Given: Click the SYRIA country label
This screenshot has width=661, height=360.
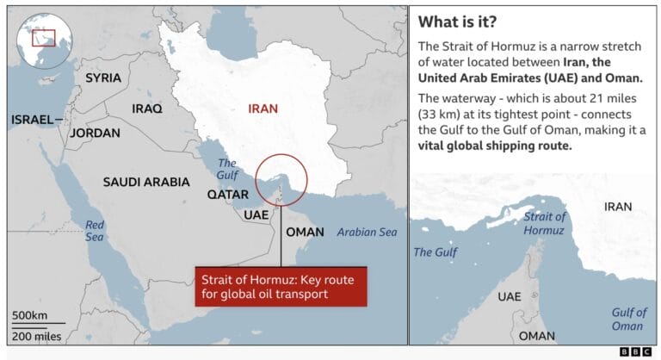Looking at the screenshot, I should [103, 78].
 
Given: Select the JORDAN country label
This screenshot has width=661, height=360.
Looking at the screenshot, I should [95, 133].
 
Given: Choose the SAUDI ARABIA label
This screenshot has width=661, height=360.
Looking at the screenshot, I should [146, 182].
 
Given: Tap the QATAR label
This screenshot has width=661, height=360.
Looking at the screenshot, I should [228, 195].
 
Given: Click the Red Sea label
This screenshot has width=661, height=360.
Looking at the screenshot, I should [95, 231].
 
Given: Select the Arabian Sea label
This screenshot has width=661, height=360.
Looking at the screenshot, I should [367, 232].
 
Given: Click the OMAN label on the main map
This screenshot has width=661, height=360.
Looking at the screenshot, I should [305, 232].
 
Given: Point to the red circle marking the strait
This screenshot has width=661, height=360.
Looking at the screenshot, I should [281, 179].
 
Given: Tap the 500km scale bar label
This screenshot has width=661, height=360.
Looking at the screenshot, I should [30, 314].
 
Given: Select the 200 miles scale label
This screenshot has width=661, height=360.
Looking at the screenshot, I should [36, 336].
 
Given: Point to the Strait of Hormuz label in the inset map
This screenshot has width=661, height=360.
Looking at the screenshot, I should [545, 223].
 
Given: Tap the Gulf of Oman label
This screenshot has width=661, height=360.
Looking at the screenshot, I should [629, 319].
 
